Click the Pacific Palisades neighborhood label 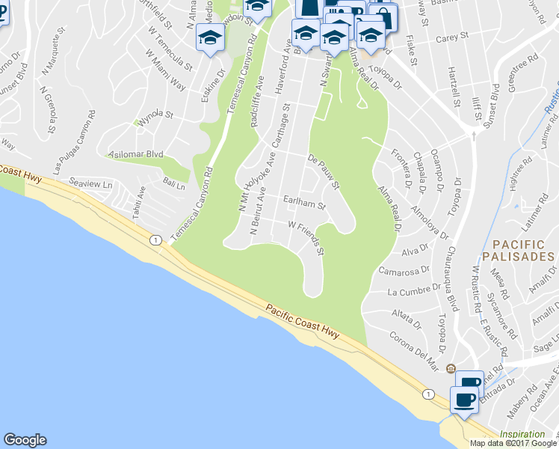pyautogui.click(x=522, y=250)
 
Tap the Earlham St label pyautogui.click(x=305, y=202)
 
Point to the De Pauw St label pyautogui.click(x=324, y=171)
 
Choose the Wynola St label pyautogui.click(x=154, y=117)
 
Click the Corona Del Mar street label pyautogui.click(x=413, y=350)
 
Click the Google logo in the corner pyautogui.click(x=25, y=440)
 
